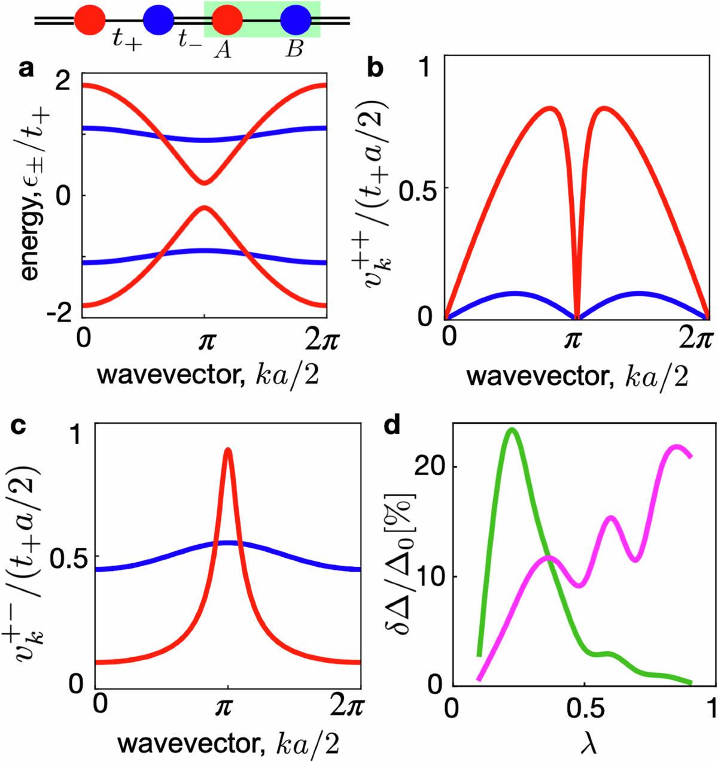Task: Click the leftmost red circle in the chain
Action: click(x=90, y=20)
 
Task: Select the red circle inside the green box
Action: click(x=227, y=20)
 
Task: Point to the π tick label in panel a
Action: click(x=205, y=341)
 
